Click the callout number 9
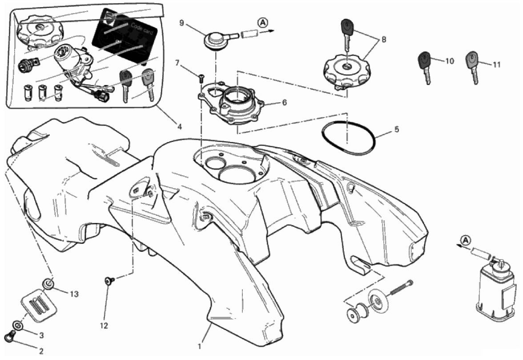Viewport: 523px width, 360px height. (x=181, y=23)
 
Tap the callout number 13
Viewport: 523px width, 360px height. (x=74, y=294)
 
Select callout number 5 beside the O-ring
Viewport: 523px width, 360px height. (x=397, y=129)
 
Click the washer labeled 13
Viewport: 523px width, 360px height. (x=49, y=283)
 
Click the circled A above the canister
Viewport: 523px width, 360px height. (x=466, y=240)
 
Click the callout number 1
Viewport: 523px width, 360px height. (x=199, y=347)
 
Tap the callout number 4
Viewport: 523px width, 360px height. (x=180, y=126)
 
